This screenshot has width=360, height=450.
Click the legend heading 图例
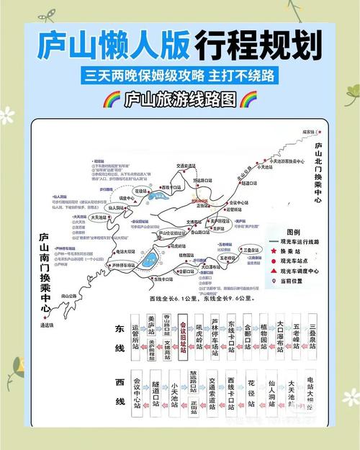[x=293, y=232]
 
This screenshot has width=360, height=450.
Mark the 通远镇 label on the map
[x=48, y=325]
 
